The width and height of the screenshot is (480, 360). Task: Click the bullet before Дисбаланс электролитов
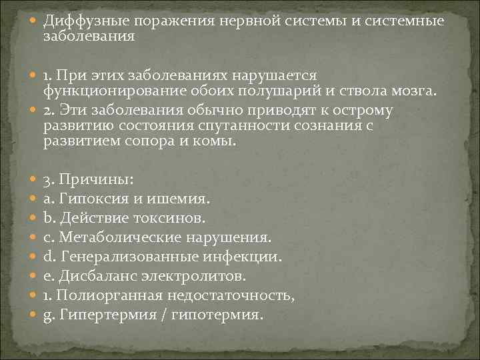coord(34,275)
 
